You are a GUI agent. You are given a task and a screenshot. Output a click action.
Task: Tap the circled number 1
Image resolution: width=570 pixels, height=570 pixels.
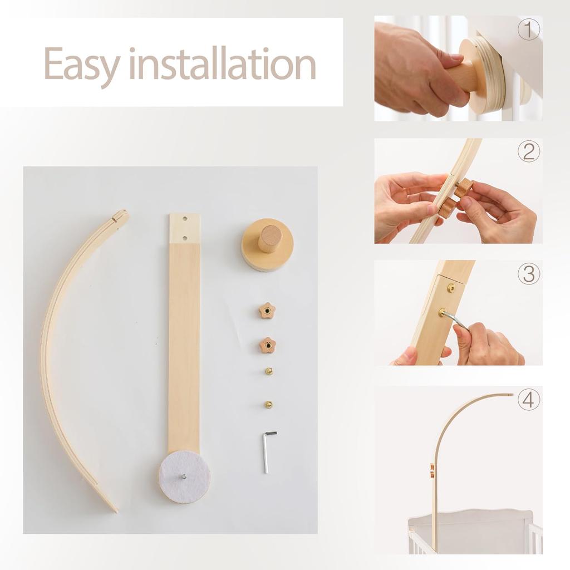529,30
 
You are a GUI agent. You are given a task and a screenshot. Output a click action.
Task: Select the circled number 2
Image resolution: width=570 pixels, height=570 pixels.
529,152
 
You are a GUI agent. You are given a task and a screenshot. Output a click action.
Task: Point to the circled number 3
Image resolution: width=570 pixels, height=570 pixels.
529,274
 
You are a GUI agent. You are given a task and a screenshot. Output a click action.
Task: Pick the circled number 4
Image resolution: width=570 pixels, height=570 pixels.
529,400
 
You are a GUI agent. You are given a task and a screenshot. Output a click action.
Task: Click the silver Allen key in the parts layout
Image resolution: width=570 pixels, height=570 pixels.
268,452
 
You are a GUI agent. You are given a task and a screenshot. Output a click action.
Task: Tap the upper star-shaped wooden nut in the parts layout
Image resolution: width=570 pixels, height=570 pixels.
267,311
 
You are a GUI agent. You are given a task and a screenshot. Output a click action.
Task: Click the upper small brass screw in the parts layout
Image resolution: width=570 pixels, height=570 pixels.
269,371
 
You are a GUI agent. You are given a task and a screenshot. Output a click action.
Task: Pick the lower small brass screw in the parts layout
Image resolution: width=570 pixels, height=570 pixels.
268,404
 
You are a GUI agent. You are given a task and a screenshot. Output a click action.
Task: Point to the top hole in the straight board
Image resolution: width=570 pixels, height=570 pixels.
185,219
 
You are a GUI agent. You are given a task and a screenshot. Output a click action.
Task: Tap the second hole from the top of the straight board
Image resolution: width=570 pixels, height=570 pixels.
185,238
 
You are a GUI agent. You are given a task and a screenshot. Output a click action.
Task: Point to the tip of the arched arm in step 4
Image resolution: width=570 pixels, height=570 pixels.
512,394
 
